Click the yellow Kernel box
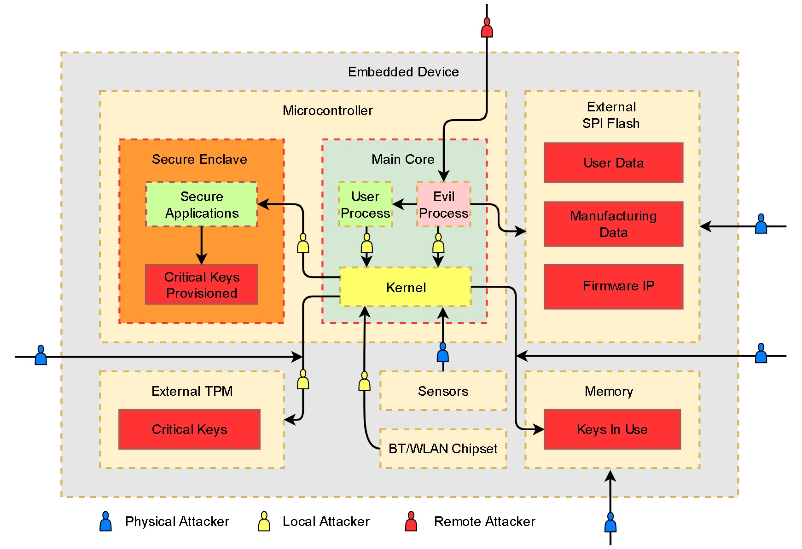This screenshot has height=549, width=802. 405,287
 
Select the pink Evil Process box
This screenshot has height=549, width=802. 443,204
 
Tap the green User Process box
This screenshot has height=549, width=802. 365,204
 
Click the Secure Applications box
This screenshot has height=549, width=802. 202,204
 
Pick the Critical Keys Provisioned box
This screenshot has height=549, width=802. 202,284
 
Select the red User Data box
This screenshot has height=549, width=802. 613,163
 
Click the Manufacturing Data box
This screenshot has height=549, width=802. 613,224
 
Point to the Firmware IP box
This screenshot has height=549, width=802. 613,286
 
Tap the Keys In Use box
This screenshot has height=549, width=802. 612,429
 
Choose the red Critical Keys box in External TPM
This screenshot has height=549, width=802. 189,429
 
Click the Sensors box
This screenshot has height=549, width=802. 443,391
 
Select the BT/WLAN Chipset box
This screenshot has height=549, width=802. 443,449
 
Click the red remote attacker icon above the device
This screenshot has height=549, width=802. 487,28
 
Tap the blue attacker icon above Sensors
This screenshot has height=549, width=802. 443,353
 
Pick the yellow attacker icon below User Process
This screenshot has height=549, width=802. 366,243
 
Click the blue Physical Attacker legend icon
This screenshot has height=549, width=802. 105,522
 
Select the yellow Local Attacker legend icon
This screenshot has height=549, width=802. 264,522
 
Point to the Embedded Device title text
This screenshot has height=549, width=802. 403,72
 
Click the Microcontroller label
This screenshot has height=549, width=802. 327,110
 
